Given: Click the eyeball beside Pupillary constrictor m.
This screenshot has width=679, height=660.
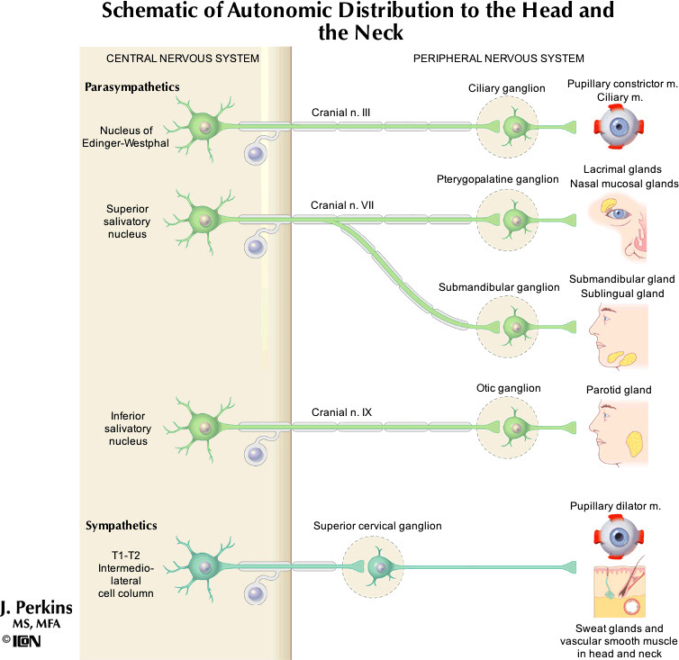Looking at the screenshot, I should coord(618,129).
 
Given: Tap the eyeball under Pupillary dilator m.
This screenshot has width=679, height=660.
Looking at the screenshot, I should coord(618,539).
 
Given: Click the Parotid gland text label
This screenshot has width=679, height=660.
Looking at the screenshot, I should coord(618,390).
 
